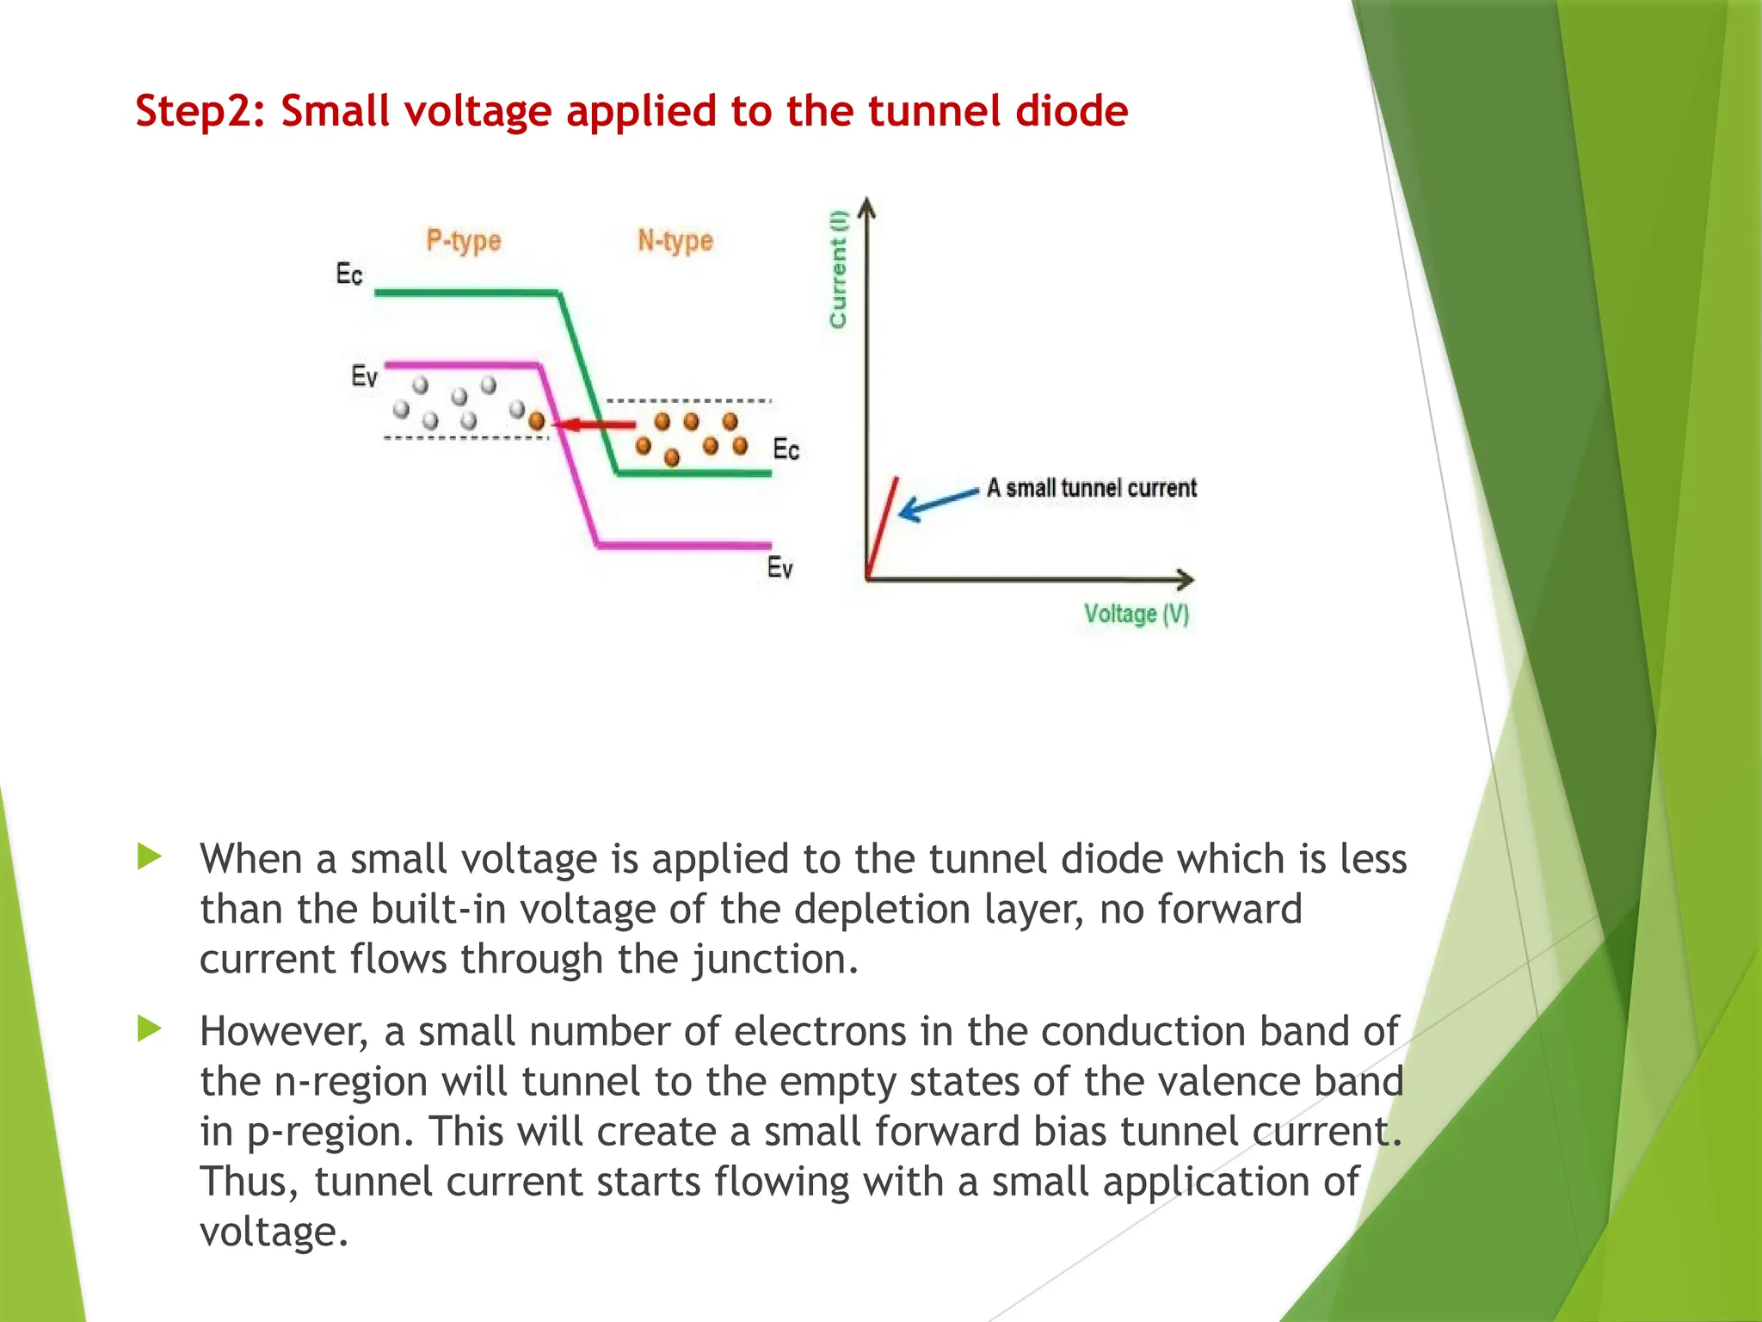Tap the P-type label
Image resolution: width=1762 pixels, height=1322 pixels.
point(464,241)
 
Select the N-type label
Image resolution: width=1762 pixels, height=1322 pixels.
point(675,241)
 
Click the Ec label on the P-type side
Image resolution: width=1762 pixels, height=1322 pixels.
point(349,275)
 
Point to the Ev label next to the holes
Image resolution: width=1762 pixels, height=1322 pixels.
point(365,376)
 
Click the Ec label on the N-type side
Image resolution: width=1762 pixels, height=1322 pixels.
point(786,449)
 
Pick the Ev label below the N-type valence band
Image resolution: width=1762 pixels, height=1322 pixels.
point(779,568)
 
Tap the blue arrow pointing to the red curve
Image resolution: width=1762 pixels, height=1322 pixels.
point(938,503)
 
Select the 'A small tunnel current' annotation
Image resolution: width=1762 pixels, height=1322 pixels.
point(1091,488)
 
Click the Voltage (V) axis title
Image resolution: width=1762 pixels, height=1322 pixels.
point(1136,614)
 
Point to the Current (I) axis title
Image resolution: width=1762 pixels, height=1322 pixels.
point(838,269)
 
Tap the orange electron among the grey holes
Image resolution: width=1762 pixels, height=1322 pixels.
point(537,421)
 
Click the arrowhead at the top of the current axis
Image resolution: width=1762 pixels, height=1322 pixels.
point(867,207)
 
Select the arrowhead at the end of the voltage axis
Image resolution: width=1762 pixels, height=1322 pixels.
point(1186,578)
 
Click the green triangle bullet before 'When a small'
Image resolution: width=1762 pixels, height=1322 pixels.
point(150,856)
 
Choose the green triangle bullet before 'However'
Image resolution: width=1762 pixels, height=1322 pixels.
point(150,1029)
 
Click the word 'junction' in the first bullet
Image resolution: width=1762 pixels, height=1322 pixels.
point(774,959)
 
